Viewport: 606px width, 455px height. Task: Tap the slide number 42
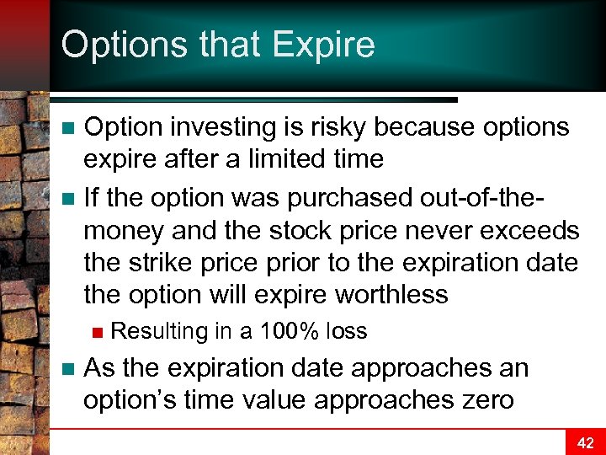(585, 442)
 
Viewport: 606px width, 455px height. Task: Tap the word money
(124, 230)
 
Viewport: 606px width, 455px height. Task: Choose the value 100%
(290, 331)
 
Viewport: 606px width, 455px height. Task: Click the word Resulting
(159, 331)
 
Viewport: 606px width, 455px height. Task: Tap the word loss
(347, 331)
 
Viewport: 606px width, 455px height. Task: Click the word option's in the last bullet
(130, 399)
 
